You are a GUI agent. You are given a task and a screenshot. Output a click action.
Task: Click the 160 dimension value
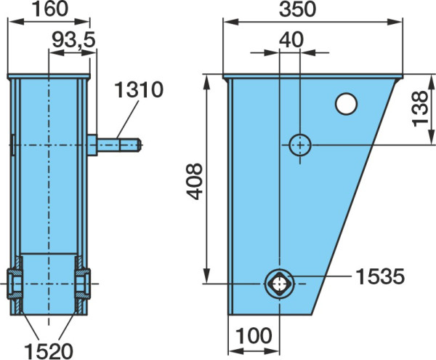50,9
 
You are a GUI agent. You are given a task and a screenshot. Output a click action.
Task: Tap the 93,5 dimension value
73,40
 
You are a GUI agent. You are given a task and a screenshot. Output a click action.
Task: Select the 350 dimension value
297,9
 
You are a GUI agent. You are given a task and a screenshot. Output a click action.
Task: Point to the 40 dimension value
291,40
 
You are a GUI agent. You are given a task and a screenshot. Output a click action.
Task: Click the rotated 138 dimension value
419,109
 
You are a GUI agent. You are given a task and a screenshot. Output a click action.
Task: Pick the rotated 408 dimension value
194,181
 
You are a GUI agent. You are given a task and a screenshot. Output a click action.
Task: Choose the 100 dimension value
254,335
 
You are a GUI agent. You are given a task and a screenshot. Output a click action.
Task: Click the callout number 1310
139,89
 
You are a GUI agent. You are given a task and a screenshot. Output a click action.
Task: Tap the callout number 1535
380,276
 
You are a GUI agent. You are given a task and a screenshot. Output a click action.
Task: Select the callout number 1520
49,351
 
